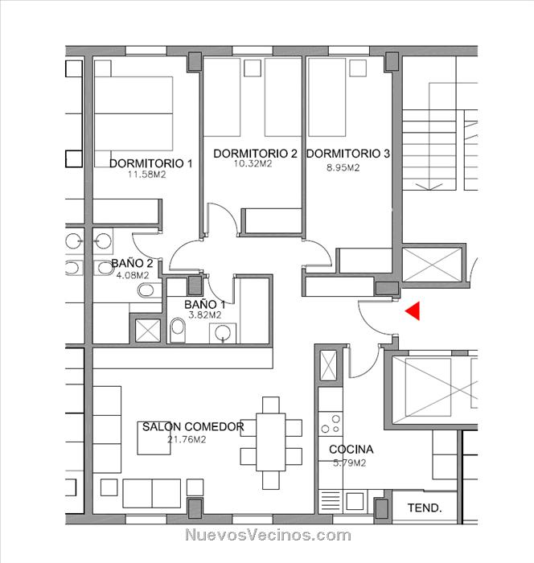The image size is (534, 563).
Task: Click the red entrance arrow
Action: tap(413, 311)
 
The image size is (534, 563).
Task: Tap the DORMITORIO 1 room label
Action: tap(151, 163)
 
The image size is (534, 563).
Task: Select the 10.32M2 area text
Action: tap(253, 164)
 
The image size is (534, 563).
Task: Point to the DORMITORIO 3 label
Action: tap(347, 154)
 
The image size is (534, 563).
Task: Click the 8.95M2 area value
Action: tap(343, 167)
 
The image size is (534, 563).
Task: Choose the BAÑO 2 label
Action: tap(132, 263)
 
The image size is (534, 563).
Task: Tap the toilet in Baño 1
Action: tap(178, 330)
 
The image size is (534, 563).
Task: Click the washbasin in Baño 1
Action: tap(223, 333)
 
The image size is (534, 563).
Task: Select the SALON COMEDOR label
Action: tap(193, 426)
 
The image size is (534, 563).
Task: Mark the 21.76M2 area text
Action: tap(187, 439)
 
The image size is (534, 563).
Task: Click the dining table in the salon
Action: tap(271, 442)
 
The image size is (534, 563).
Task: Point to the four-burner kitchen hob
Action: tap(331, 424)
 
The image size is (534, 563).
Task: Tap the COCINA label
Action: tap(351, 449)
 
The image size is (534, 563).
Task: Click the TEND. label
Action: tap(425, 508)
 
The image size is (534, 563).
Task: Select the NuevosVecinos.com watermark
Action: tap(268, 535)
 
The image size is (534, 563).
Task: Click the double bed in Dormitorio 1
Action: tap(133, 113)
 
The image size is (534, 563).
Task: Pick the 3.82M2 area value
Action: tap(205, 315)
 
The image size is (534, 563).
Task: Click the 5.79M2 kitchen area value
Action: tap(349, 462)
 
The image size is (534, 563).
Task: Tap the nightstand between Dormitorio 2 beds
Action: tap(253, 68)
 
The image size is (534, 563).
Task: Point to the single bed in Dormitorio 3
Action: tap(327, 97)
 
